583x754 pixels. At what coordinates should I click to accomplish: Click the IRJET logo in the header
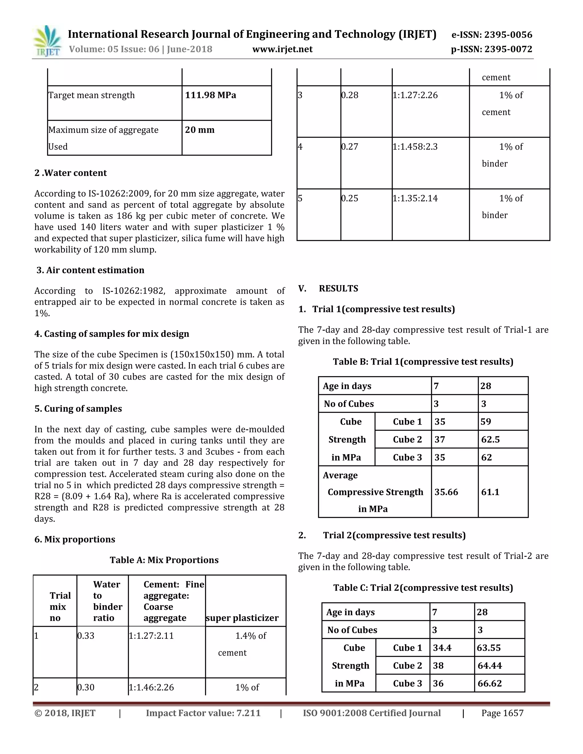47,42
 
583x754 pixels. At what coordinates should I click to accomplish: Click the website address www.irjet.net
282,50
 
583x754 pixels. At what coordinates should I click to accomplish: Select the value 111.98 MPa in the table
210,95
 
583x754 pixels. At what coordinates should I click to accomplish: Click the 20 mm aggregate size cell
200,130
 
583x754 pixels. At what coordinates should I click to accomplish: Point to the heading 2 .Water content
71,173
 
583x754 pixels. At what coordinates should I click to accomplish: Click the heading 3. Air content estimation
90,270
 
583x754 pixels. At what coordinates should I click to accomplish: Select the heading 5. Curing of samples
78,409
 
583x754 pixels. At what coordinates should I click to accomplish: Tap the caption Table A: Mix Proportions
164,560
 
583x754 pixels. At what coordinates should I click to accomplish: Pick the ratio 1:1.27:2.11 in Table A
151,636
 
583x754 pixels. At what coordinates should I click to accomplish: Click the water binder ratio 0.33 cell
86,636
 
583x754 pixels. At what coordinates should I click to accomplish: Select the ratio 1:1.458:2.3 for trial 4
415,147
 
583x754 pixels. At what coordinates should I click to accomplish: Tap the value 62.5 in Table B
490,440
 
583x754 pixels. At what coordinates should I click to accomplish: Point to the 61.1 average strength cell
490,492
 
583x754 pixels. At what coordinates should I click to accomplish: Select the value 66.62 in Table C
489,683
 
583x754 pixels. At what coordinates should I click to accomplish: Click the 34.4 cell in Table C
442,648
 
